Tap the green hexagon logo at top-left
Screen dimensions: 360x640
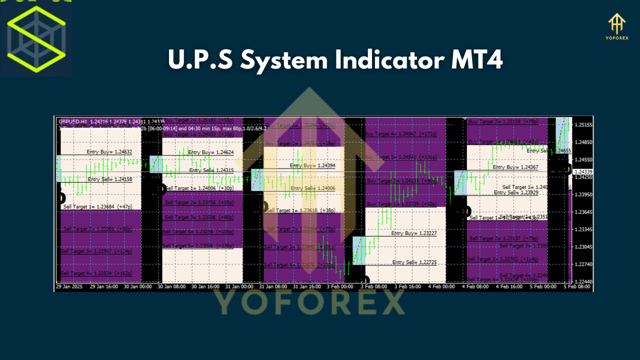tap(36, 38)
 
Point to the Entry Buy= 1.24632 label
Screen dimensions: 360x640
tap(109, 151)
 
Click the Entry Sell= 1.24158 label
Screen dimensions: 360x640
tap(109, 179)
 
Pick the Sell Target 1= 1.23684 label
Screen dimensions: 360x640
tap(97, 206)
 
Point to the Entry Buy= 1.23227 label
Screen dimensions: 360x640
tap(414, 233)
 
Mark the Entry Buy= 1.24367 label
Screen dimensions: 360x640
tap(515, 167)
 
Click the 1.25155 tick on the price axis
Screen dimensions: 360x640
tap(583, 124)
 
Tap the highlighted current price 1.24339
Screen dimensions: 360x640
tap(583, 171)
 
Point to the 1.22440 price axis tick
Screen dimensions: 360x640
tap(583, 282)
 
